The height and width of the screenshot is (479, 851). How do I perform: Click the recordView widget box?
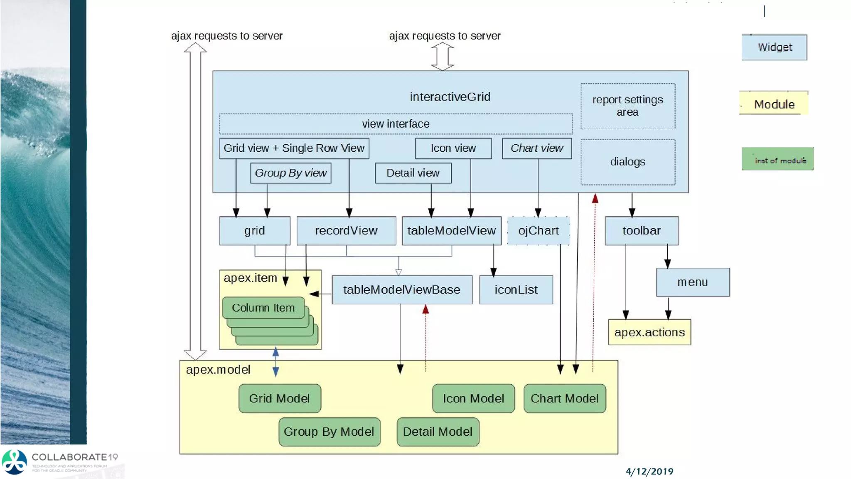pos(346,231)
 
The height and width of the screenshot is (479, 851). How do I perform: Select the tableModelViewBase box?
pos(402,290)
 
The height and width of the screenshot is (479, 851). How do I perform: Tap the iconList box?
pos(516,290)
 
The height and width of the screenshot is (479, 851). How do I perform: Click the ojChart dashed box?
pos(538,231)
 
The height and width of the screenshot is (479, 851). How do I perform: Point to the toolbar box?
pos(641,231)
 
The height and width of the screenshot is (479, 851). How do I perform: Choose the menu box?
pos(693,282)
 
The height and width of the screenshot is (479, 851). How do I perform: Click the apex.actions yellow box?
pos(649,332)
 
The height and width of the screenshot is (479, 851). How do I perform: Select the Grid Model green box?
pos(280,398)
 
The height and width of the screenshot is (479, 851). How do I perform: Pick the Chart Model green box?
pos(564,398)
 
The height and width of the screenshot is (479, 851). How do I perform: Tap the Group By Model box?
pos(329,432)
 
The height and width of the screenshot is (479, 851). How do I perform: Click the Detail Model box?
pos(438,432)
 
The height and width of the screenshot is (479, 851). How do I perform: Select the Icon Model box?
pos(473,398)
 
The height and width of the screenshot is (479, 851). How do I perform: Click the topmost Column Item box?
pos(263,308)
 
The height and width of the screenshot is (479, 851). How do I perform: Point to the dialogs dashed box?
pos(627,162)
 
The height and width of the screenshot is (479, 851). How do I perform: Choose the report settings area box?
pos(627,106)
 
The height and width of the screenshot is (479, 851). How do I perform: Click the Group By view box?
pos(290,173)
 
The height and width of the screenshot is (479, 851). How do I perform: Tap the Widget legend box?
pos(774,47)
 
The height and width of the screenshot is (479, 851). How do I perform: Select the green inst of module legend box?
pos(777,159)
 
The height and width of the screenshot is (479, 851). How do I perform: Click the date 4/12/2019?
pos(649,472)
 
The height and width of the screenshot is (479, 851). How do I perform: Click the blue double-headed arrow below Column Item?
pos(275,362)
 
